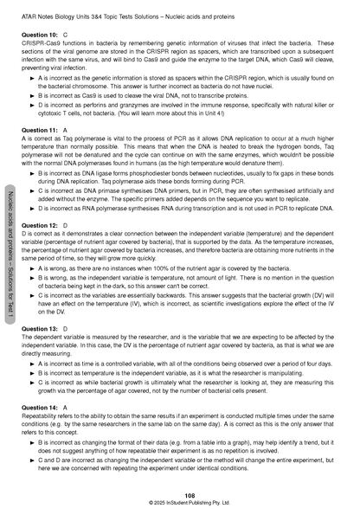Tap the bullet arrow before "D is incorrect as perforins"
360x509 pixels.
pyautogui.click(x=32, y=102)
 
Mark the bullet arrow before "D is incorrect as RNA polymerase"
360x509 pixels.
pyautogui.click(x=32, y=209)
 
